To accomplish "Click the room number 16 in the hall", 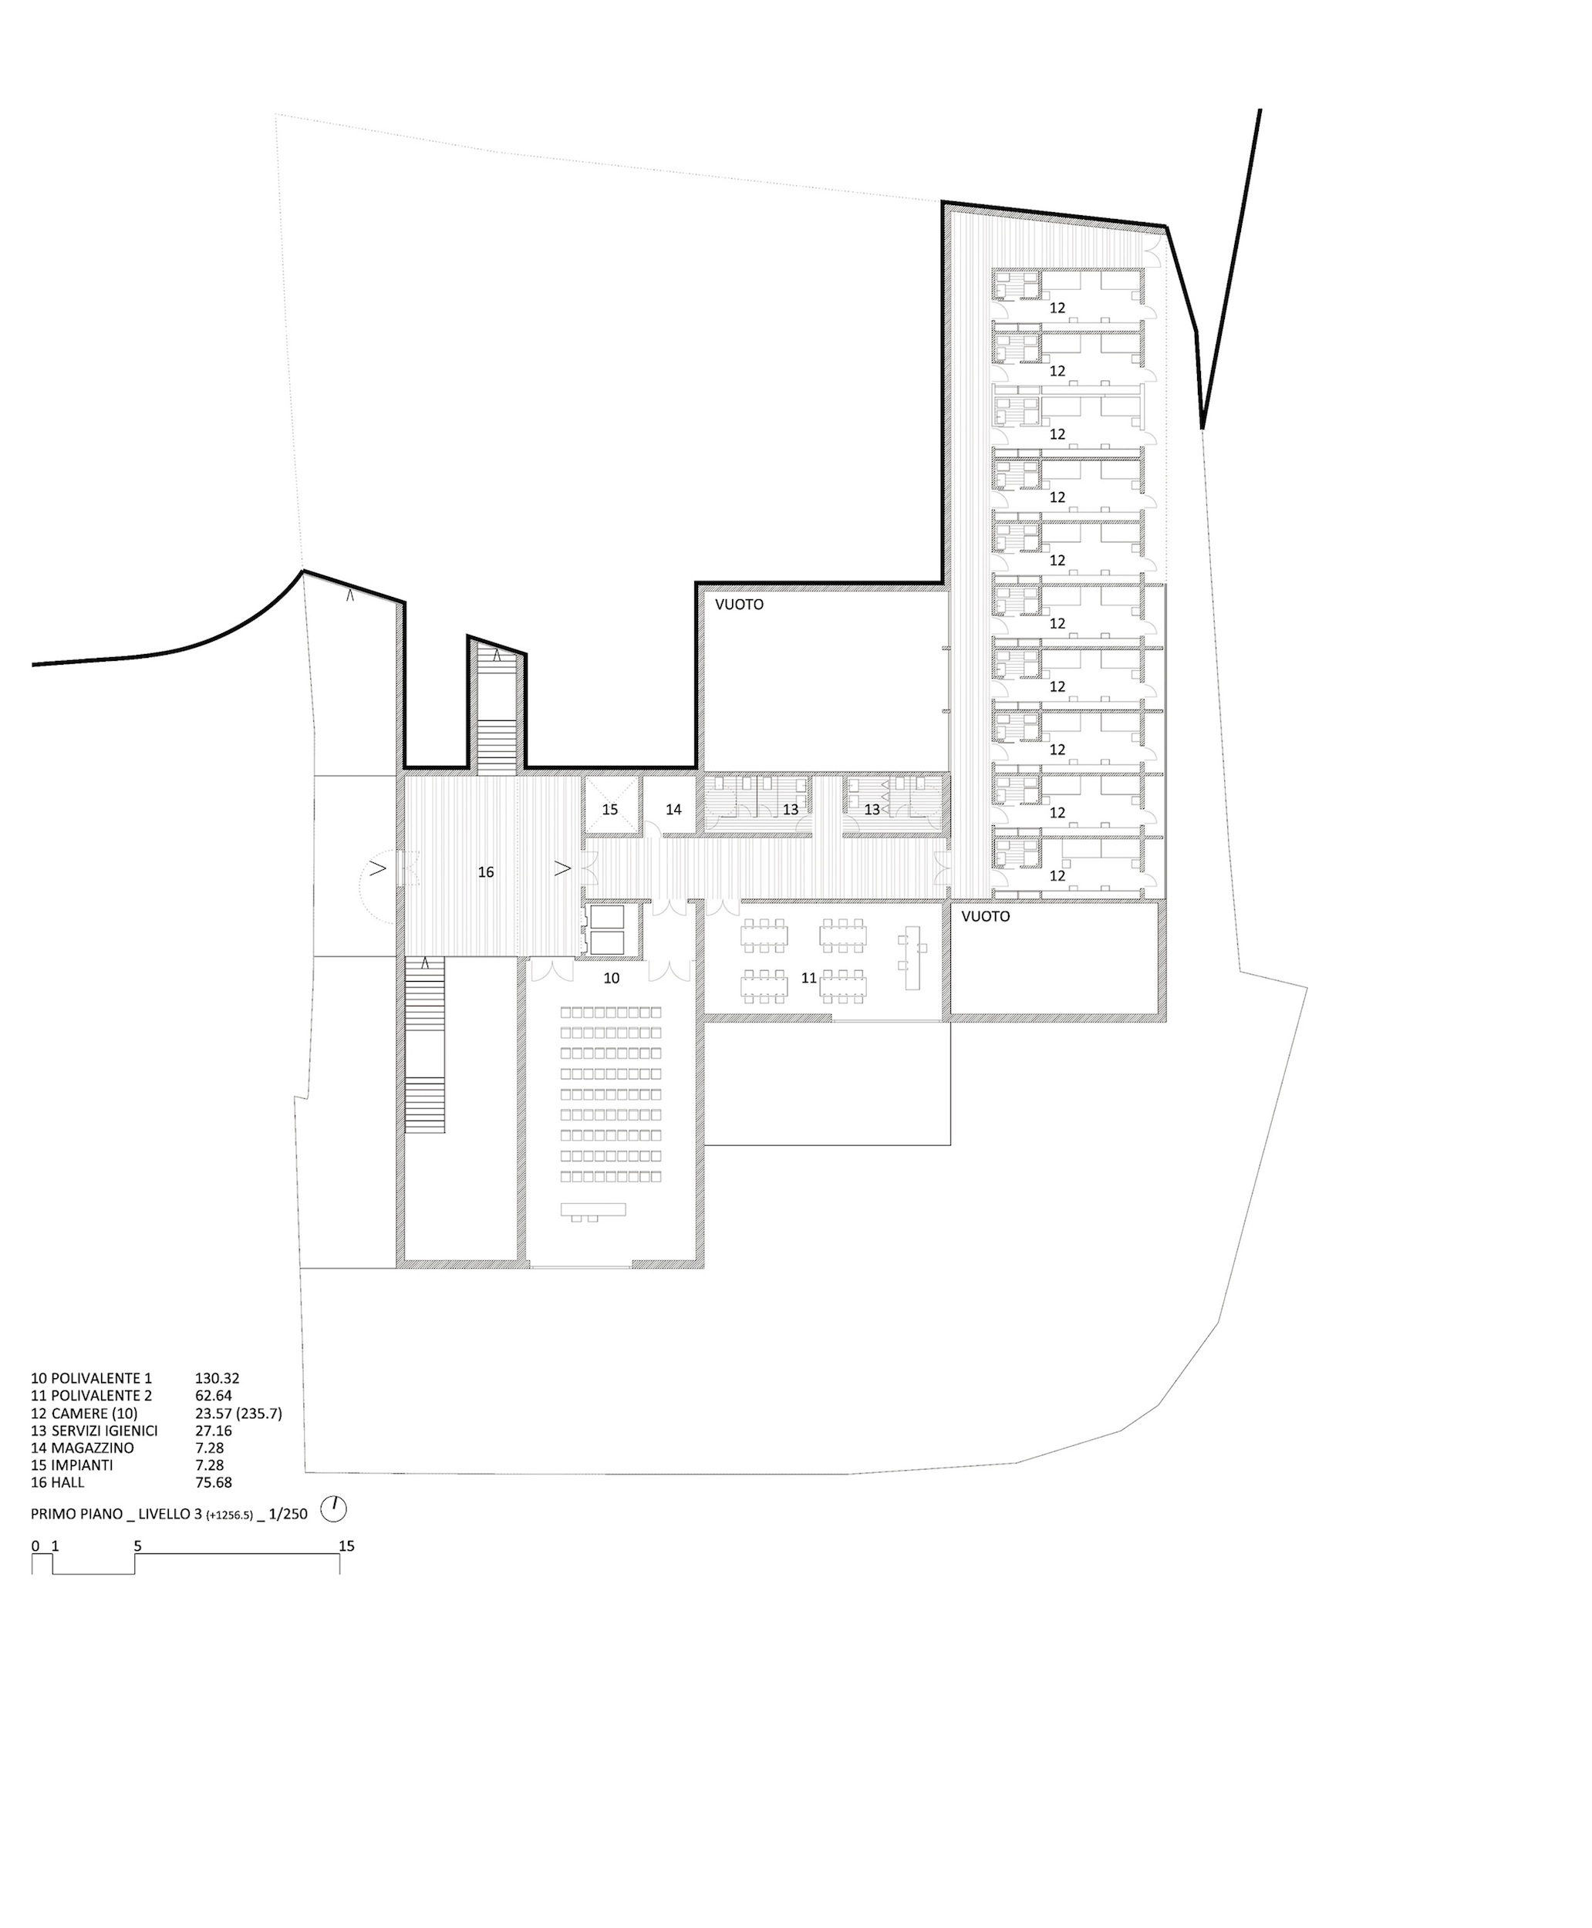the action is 486,873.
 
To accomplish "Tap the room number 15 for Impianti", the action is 610,811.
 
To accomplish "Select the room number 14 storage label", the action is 674,811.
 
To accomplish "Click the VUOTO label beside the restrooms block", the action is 739,605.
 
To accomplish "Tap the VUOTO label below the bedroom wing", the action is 985,917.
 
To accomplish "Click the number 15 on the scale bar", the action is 346,1545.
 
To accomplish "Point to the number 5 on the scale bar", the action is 137,1545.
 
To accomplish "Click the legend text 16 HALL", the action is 58,1482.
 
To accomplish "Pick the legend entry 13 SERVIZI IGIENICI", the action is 94,1430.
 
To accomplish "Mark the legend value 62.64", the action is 213,1395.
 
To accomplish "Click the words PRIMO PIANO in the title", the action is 77,1514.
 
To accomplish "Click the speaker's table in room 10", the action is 593,1210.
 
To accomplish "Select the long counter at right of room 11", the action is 911,956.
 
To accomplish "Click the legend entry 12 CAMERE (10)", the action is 84,1413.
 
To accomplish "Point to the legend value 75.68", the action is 213,1482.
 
